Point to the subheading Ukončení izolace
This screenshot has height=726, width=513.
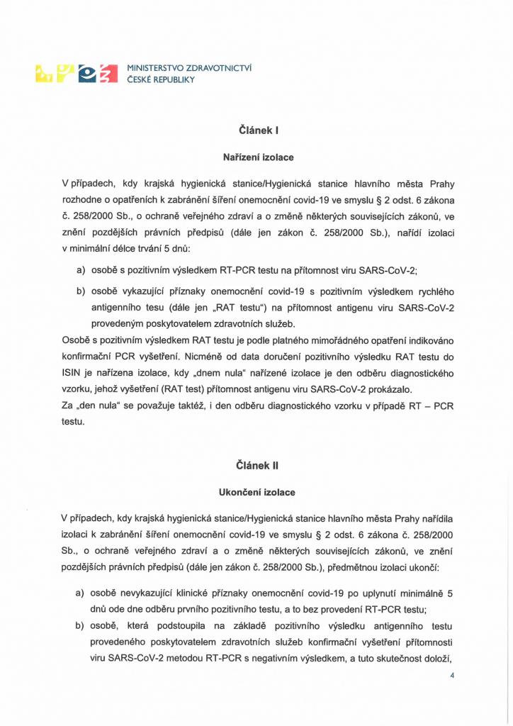pos(256,491)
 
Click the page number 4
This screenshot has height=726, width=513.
pos(451,676)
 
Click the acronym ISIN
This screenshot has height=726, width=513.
pos(73,374)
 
